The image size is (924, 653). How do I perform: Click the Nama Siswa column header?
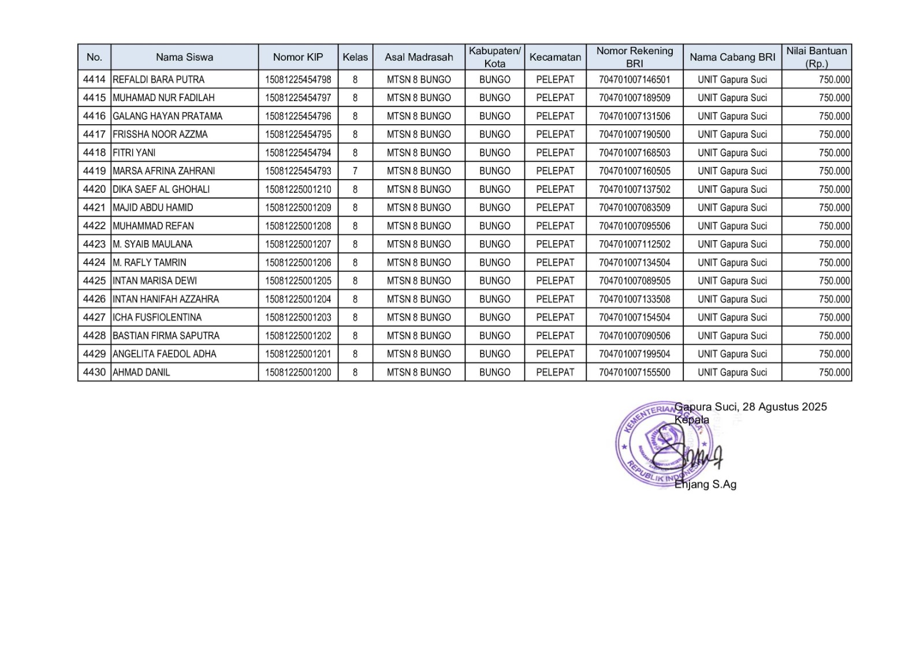[x=184, y=57]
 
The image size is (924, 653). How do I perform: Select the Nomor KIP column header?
[x=298, y=57]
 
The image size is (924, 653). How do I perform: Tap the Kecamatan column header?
[x=555, y=57]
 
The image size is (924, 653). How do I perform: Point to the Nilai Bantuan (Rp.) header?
[x=816, y=57]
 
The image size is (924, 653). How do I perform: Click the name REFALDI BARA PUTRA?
[x=158, y=80]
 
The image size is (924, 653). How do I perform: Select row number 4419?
[x=94, y=171]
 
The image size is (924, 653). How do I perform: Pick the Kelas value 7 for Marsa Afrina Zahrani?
[x=355, y=171]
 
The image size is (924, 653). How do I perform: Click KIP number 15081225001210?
[x=298, y=189]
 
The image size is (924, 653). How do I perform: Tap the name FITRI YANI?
[x=134, y=153]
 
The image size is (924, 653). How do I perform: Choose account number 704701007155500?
[x=634, y=372]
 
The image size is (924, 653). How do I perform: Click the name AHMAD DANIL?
[x=141, y=372]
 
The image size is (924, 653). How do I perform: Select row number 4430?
[x=94, y=372]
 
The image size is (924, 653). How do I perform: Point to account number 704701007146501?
[x=634, y=80]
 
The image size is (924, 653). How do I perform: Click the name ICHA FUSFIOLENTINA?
[x=157, y=318]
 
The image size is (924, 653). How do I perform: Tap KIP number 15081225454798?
[x=298, y=80]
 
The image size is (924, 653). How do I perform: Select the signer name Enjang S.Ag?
[x=705, y=484]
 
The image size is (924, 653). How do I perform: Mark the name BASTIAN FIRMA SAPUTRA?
[x=166, y=336]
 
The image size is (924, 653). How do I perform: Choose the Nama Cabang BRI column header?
[x=732, y=57]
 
